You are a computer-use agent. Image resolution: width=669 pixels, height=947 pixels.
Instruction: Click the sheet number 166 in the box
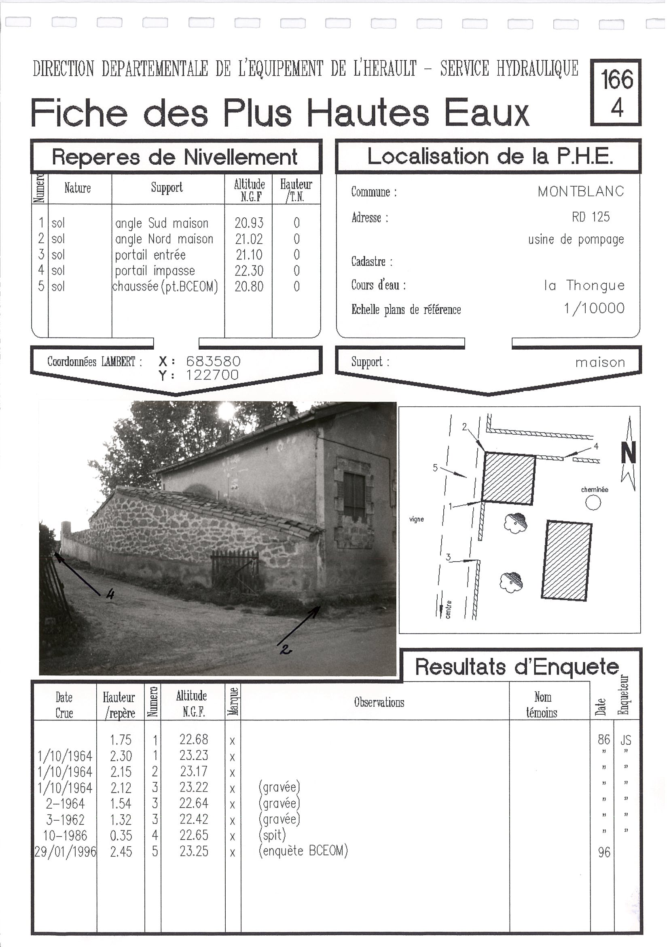click(x=616, y=79)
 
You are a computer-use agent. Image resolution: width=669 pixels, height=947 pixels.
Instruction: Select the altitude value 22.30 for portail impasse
click(x=249, y=271)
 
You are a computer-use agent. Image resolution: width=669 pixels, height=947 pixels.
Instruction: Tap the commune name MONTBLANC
click(x=580, y=191)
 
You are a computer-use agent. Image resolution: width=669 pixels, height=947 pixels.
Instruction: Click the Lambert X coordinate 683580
click(x=213, y=361)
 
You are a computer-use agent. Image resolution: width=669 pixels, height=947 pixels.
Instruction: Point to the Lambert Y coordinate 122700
click(x=212, y=375)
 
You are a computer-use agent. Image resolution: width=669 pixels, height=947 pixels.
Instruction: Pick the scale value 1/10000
click(x=594, y=308)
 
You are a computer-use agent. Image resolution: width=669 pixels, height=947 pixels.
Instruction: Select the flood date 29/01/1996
click(x=65, y=852)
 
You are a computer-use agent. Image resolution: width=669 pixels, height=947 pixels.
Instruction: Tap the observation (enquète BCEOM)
click(x=303, y=851)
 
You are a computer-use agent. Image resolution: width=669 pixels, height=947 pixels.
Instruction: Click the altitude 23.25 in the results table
click(x=194, y=851)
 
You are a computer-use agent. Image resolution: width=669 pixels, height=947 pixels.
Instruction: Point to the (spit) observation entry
click(x=272, y=835)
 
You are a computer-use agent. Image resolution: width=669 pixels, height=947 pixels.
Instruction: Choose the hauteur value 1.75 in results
click(x=121, y=740)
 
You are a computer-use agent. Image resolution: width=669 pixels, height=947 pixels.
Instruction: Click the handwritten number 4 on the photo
click(x=110, y=594)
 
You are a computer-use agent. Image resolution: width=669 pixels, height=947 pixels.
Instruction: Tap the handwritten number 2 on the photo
click(x=285, y=650)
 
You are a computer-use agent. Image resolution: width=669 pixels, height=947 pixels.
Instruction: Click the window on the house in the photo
click(x=354, y=495)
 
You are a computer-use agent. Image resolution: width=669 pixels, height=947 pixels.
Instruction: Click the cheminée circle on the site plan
click(x=593, y=503)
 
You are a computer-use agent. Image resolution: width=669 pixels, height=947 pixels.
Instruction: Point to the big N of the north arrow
click(x=628, y=453)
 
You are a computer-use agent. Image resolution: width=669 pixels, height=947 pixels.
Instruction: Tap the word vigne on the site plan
click(x=416, y=519)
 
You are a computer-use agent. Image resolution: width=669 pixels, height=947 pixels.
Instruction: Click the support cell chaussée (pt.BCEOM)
click(x=165, y=287)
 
